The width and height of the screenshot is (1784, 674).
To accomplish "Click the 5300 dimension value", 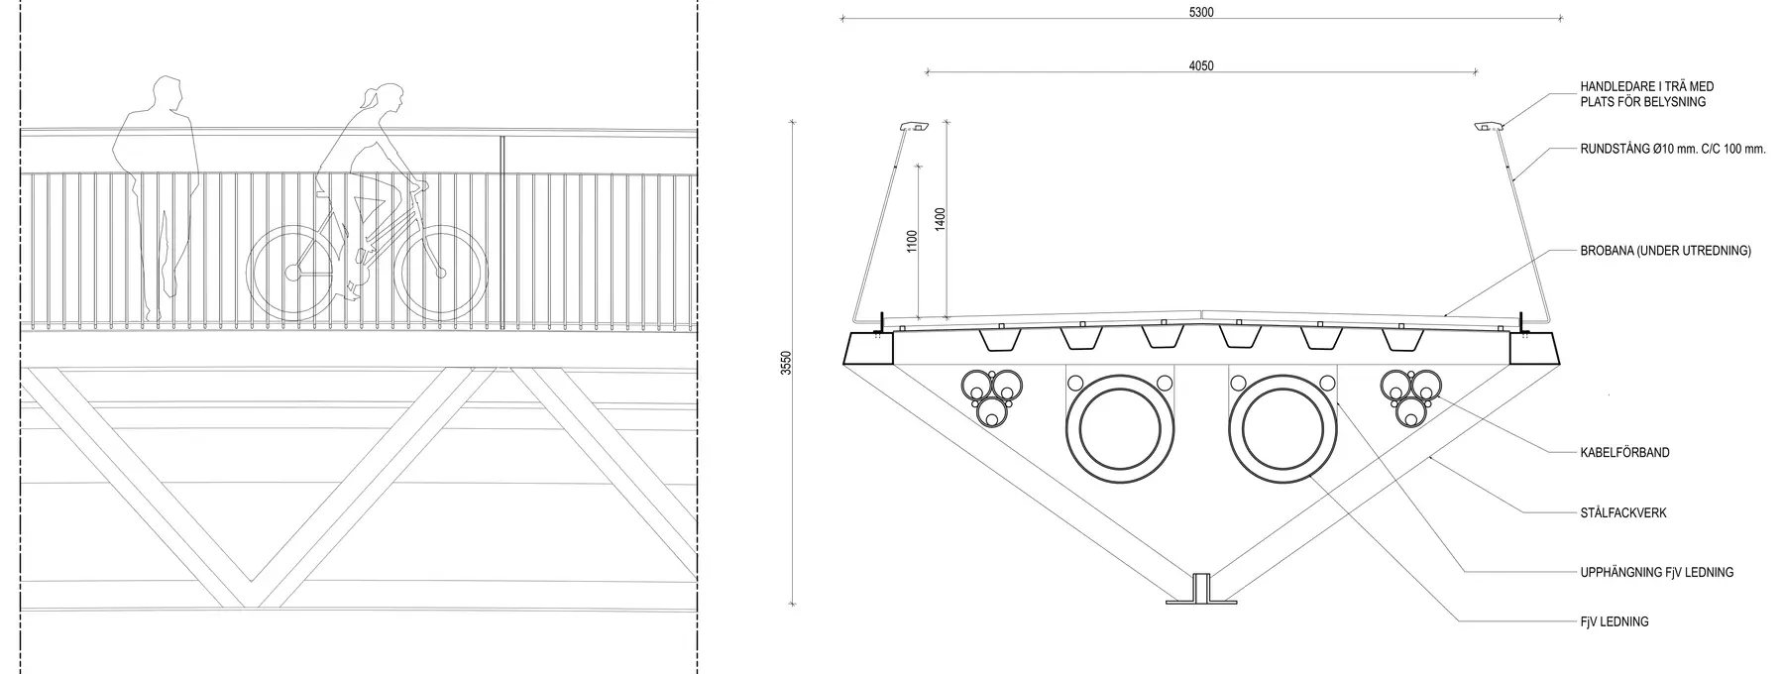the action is tap(1200, 13).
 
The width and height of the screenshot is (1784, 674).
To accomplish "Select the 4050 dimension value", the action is tap(1200, 66).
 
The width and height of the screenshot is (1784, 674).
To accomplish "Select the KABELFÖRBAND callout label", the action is tap(1624, 453).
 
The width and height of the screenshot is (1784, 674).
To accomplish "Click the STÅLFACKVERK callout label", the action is tap(1623, 513).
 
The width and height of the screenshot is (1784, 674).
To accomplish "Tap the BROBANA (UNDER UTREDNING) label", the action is tap(1665, 252).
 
